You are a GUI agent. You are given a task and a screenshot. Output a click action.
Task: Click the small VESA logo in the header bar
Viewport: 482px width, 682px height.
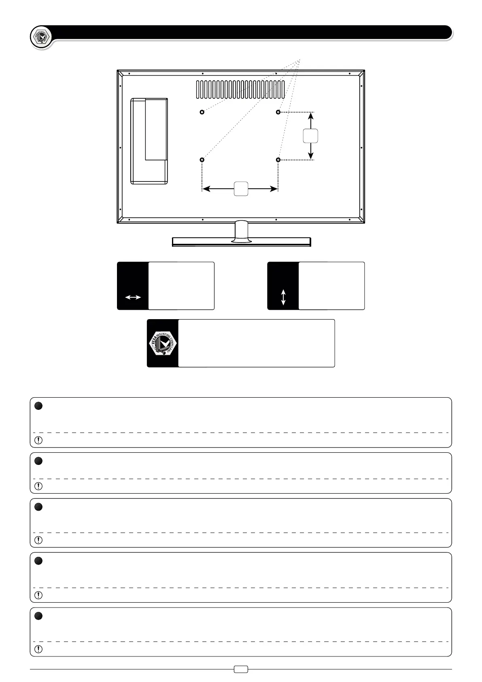(41, 38)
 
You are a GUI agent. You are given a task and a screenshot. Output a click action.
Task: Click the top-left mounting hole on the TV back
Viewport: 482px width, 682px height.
(202, 112)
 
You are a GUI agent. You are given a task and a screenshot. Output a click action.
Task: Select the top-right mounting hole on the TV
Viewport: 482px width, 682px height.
(278, 112)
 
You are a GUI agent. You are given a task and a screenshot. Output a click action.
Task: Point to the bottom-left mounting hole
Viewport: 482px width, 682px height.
(202, 160)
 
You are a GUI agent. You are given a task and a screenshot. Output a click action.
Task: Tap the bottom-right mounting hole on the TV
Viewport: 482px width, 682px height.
(278, 160)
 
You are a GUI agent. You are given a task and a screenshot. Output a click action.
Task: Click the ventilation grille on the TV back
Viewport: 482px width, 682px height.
(241, 90)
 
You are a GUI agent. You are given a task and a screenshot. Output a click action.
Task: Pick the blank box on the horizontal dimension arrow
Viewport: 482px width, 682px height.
(241, 189)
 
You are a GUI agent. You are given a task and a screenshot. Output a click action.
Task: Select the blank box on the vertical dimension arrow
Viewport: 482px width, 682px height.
(310, 136)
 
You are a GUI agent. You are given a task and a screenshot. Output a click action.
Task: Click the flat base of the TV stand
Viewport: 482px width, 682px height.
(241, 242)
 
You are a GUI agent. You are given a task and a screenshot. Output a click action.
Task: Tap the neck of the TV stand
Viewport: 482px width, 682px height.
(242, 230)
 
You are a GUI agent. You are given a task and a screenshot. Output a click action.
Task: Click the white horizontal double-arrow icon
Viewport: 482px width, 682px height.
(133, 297)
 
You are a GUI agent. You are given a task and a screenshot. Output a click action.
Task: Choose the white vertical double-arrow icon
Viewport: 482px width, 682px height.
(283, 297)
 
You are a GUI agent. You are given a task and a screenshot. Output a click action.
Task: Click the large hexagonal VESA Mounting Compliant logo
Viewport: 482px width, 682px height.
(163, 343)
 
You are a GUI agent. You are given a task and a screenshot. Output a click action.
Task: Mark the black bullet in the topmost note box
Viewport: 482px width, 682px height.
(38, 406)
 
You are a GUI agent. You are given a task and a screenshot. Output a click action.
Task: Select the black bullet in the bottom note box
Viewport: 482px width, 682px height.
(38, 616)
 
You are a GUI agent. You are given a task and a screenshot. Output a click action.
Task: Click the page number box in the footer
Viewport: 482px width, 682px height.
(241, 669)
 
